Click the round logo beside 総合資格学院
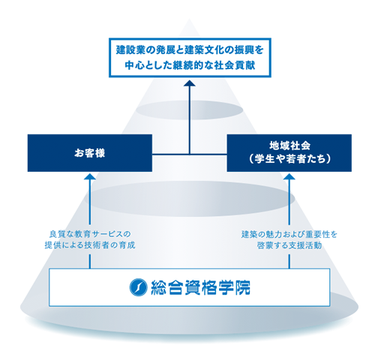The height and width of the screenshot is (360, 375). pyautogui.click(x=138, y=287)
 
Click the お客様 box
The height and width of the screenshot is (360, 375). pyautogui.click(x=90, y=153)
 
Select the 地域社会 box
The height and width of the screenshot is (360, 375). pyautogui.click(x=289, y=153)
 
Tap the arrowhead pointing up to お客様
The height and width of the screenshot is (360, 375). pyautogui.click(x=90, y=176)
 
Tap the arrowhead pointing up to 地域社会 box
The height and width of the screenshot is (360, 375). pyautogui.click(x=289, y=176)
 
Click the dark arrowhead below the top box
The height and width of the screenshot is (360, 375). pyautogui.click(x=190, y=83)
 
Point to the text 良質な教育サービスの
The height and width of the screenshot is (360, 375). pyautogui.click(x=90, y=234)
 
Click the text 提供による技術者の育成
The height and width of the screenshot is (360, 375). pyautogui.click(x=90, y=245)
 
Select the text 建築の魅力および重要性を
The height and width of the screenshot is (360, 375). pyautogui.click(x=289, y=235)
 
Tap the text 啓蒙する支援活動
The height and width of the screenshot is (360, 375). pyautogui.click(x=289, y=245)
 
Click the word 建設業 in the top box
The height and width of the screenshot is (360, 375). pyautogui.click(x=128, y=49)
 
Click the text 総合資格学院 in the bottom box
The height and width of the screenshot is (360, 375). pyautogui.click(x=200, y=287)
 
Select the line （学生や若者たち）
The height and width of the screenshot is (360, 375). pyautogui.click(x=289, y=159)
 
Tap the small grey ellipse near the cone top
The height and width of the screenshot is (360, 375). pyautogui.click(x=190, y=110)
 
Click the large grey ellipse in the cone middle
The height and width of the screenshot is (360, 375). pyautogui.click(x=190, y=199)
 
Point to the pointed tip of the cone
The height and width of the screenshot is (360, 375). pyautogui.click(x=190, y=19)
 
